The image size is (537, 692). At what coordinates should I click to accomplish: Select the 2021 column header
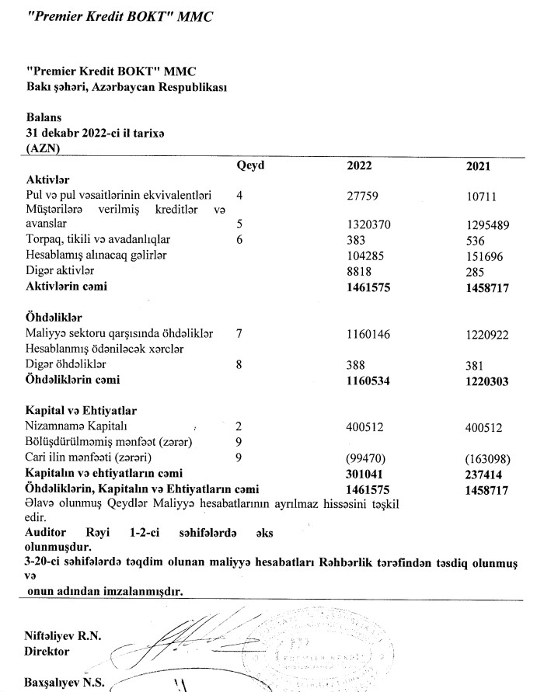point(477,165)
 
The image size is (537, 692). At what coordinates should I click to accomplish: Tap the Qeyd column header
point(251,165)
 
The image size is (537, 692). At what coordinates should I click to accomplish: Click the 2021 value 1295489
point(486,224)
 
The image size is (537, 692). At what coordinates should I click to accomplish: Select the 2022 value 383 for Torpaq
point(355,240)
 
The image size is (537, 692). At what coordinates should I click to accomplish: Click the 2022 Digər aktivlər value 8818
point(358,271)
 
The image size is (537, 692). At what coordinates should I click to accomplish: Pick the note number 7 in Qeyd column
point(239,333)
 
